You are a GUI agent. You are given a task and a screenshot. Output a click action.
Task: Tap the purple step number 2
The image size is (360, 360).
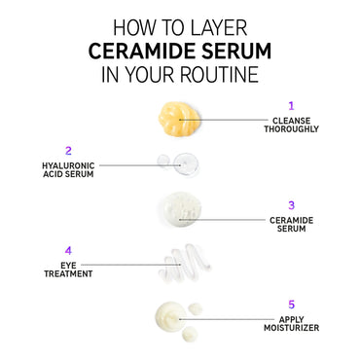[68, 151]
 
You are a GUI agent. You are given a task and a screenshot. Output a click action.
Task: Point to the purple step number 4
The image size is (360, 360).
[68, 250]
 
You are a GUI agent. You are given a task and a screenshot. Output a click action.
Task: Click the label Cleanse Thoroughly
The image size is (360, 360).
[291, 125]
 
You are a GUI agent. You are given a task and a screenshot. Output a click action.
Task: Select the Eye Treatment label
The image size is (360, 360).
[68, 270]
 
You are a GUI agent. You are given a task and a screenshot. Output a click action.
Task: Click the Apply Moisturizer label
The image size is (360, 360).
[291, 324]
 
